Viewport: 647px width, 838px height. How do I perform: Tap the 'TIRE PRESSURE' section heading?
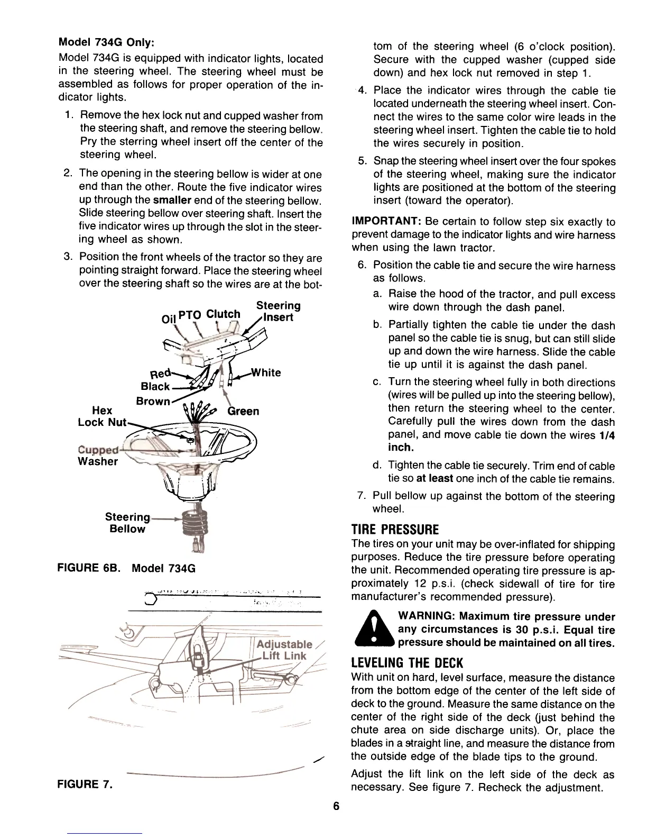point(395,530)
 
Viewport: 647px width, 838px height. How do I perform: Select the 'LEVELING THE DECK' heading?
point(407,663)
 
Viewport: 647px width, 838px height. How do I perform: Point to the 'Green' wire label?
point(243,411)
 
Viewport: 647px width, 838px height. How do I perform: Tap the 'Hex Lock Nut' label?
point(102,416)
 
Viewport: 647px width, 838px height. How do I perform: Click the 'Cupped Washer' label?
point(98,456)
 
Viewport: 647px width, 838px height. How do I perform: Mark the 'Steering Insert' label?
point(278,312)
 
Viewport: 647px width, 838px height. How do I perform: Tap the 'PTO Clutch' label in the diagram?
point(209,314)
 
